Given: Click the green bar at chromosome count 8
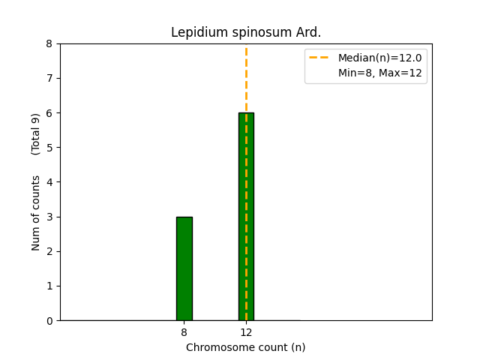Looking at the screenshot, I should coord(184,268).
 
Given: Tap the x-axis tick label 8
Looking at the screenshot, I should coord(184,331).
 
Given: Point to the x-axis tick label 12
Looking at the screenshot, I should coord(246,331).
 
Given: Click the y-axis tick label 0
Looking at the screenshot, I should coord(49,321).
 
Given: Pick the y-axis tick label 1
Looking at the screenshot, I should coord(49,286).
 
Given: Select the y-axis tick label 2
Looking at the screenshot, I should coord(49,251).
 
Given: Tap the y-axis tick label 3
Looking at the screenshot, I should coord(49,217).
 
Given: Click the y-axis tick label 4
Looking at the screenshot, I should coord(49,182).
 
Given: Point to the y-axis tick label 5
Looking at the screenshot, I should coord(49,148).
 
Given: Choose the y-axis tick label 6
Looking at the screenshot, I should coord(49,113).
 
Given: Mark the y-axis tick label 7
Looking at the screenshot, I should coord(49,79).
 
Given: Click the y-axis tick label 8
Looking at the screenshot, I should coord(49,43).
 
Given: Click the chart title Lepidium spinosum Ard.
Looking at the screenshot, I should coord(246,32).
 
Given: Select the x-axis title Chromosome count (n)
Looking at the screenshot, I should coord(246,347).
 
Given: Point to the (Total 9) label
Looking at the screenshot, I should coord(36,134).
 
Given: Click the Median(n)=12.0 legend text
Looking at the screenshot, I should coord(379,58).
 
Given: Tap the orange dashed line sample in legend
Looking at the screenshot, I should coord(319,58).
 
